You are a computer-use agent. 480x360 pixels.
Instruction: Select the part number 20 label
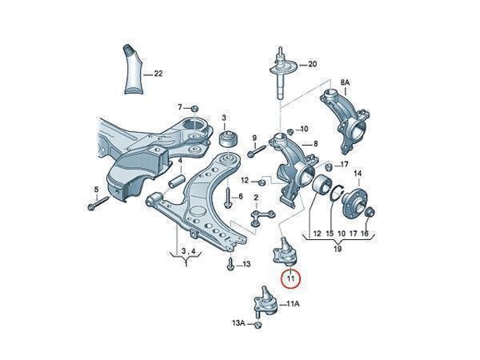pyautogui.click(x=312, y=63)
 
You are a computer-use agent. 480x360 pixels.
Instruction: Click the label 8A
pyautogui.click(x=346, y=82)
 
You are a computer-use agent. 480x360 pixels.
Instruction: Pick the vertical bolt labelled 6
pyautogui.click(x=227, y=196)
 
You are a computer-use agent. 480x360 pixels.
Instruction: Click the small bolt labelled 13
pyautogui.click(x=231, y=265)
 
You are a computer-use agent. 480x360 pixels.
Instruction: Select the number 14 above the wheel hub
pyautogui.click(x=358, y=174)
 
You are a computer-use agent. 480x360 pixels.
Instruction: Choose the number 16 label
pyautogui.click(x=365, y=234)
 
